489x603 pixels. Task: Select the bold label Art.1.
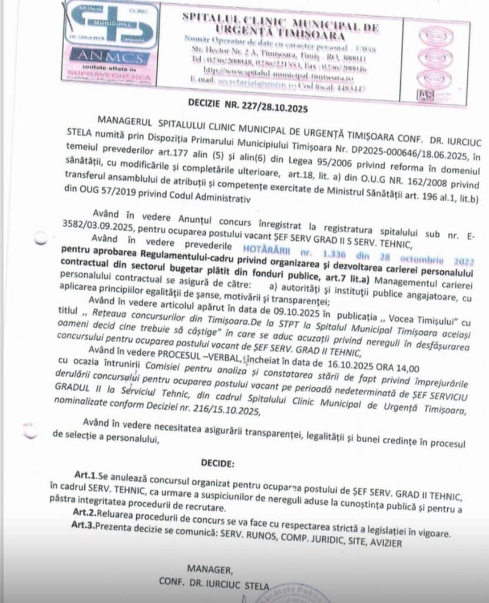85,475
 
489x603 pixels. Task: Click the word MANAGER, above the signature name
210,569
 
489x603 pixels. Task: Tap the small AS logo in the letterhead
425,94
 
